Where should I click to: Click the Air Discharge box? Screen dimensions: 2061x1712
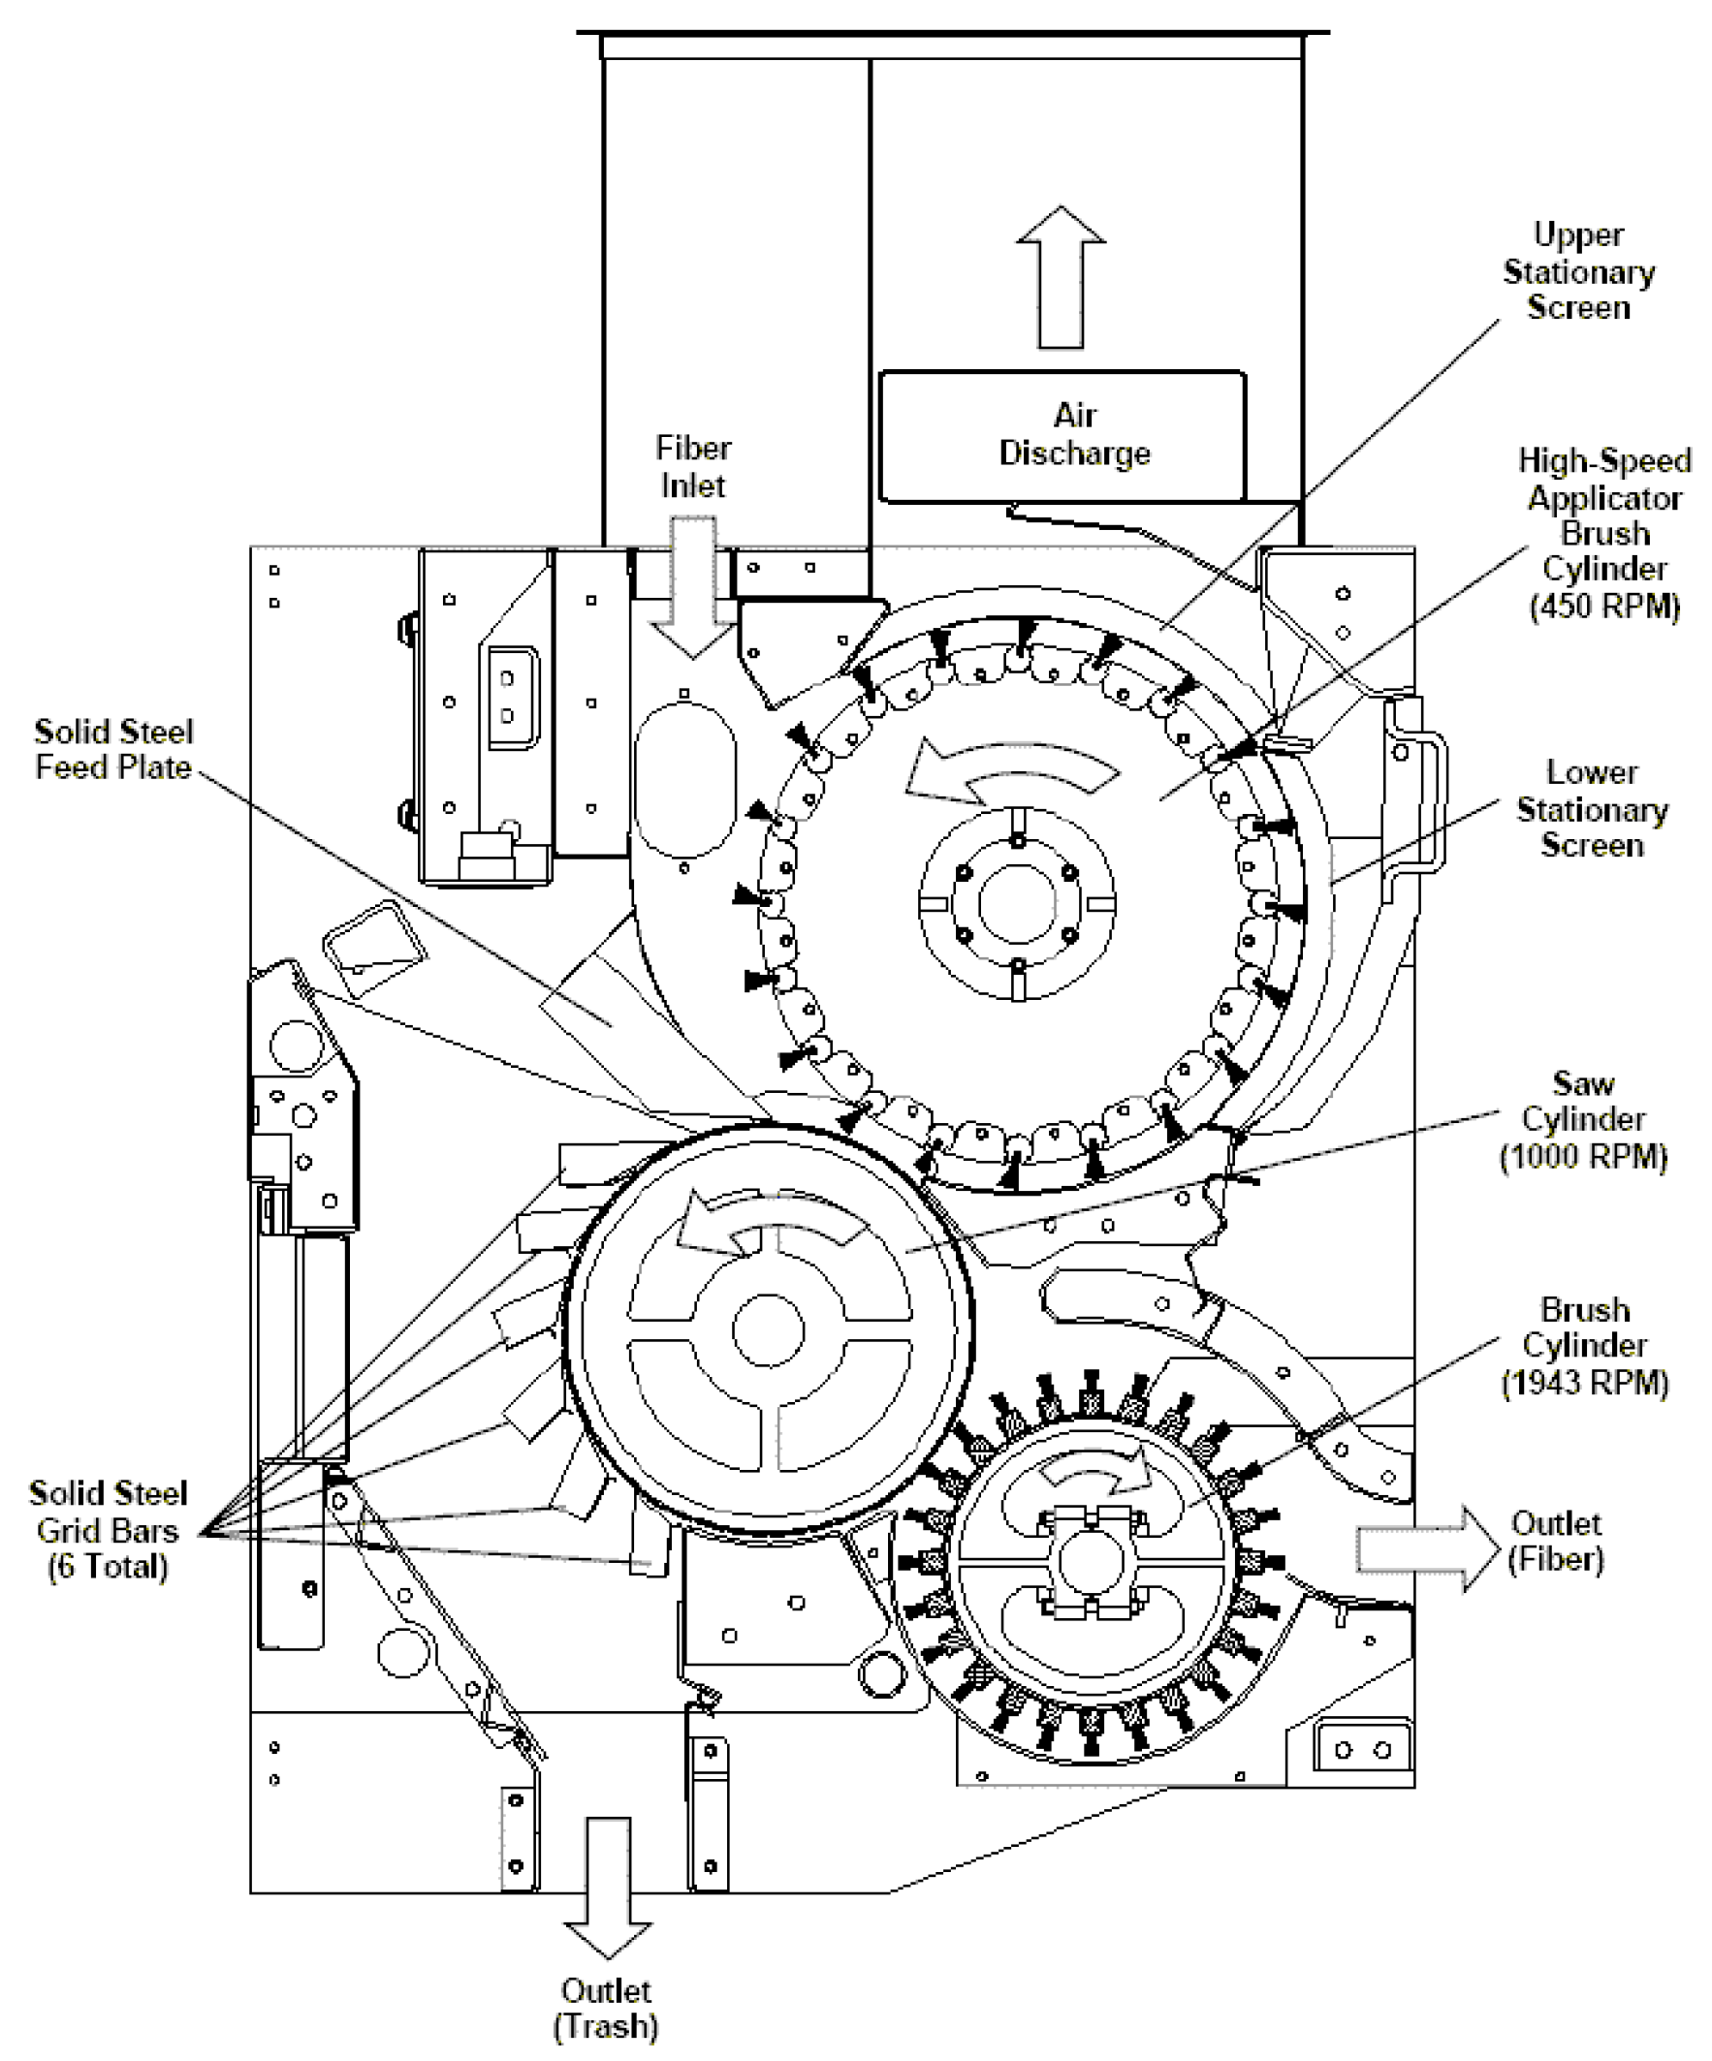click(x=1062, y=435)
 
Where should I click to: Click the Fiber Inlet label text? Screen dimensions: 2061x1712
click(x=693, y=466)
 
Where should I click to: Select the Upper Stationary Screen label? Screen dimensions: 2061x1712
click(x=1578, y=271)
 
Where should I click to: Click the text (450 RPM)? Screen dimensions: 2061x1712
click(x=1605, y=607)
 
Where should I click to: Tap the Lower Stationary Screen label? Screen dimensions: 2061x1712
click(x=1591, y=809)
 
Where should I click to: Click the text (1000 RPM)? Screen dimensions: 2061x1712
click(x=1583, y=1156)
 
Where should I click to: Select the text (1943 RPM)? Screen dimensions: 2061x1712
click(x=1584, y=1383)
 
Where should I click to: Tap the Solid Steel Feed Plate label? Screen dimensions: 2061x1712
click(x=113, y=749)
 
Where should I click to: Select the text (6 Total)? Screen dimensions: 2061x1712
click(x=108, y=1567)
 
